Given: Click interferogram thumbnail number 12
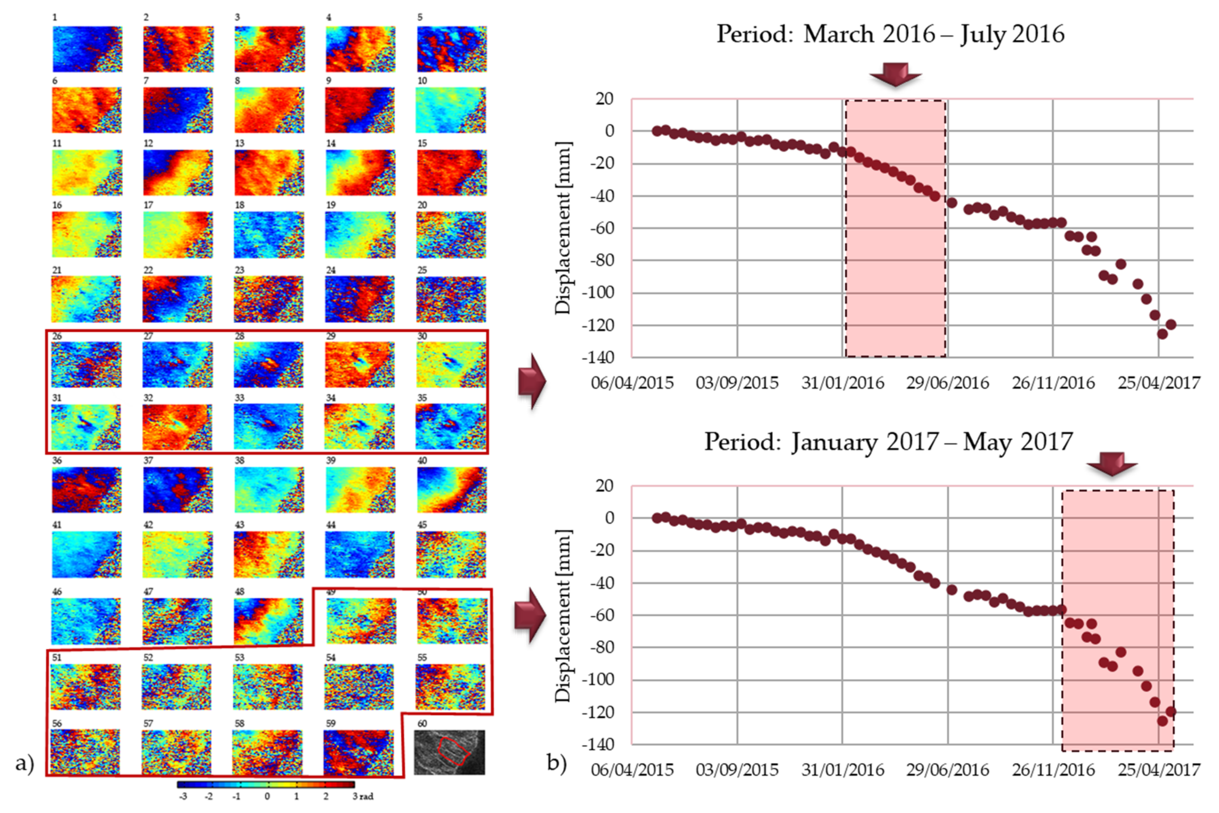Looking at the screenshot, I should point(178,173).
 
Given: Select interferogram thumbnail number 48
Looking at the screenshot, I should point(268,621).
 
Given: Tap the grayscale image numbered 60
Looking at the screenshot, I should point(449,752).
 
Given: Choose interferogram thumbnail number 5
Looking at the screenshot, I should point(451,49).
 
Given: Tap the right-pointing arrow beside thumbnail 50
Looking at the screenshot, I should point(530,616).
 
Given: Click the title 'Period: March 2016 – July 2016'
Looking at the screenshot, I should point(890,34).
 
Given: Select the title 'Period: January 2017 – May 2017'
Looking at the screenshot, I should point(888,442).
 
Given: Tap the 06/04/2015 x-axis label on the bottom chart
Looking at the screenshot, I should point(632,770).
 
